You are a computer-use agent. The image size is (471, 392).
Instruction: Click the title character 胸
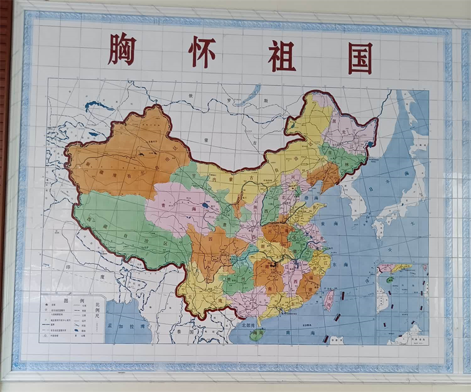(122, 50)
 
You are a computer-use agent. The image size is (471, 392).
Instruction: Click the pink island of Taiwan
(330, 298)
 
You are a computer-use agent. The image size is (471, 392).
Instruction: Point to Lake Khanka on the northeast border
(370, 143)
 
